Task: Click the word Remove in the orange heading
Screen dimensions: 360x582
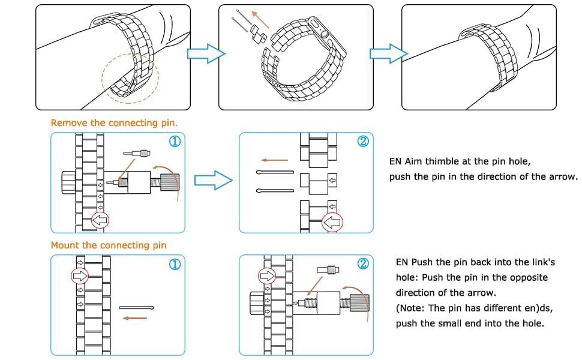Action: (69, 123)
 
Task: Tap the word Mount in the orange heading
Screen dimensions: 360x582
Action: (66, 245)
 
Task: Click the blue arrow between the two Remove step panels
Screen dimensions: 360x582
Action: (214, 179)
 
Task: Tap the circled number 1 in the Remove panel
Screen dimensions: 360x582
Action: (175, 142)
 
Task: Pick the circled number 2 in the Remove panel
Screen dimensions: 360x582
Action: (362, 142)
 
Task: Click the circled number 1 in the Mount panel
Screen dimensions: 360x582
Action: (175, 264)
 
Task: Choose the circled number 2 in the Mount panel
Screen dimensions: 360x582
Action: (362, 264)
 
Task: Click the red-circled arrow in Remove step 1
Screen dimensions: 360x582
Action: (100, 221)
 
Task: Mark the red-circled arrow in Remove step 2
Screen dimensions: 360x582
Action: (332, 223)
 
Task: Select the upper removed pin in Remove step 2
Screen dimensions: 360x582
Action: (275, 173)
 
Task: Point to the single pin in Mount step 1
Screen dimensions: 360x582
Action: (137, 308)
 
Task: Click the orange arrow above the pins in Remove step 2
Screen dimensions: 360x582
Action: (275, 160)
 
